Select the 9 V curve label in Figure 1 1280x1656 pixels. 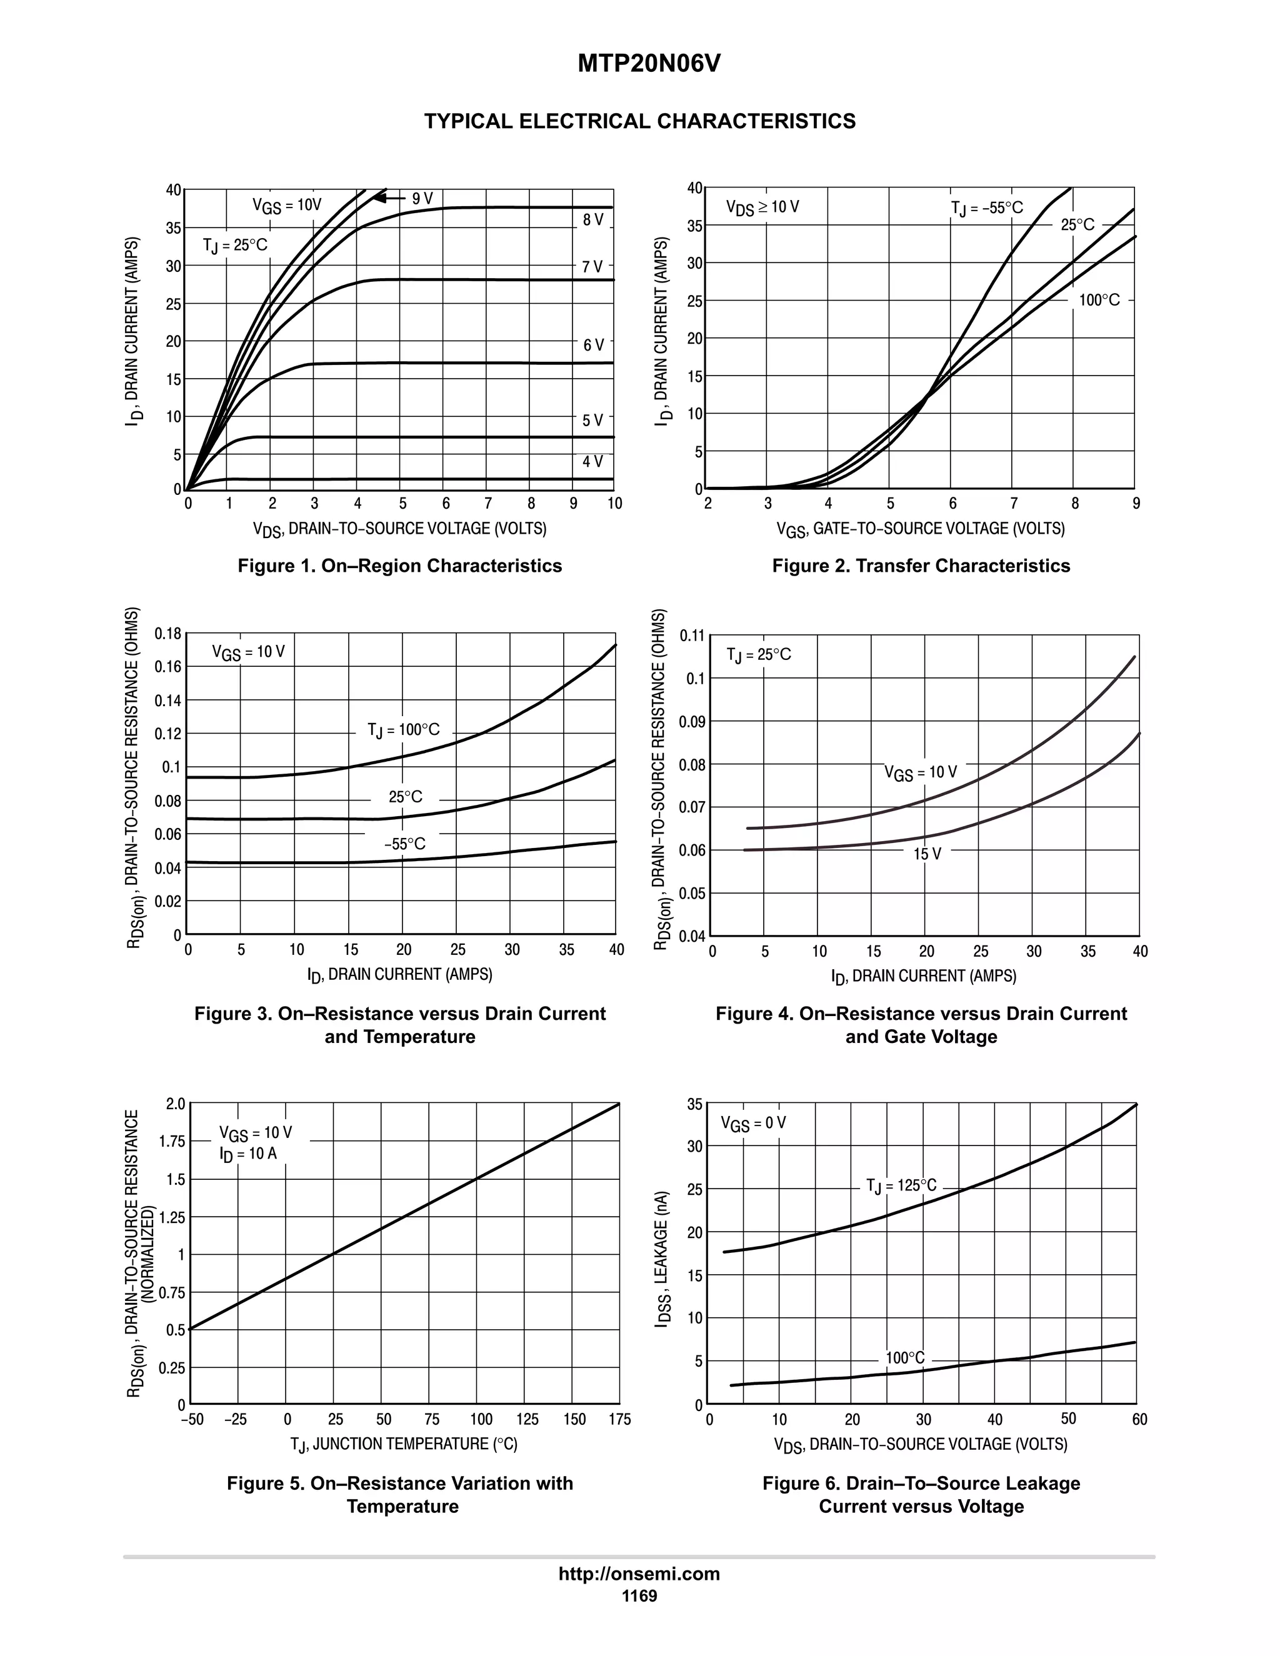[x=422, y=199]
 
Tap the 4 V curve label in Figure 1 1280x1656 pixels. [x=592, y=461]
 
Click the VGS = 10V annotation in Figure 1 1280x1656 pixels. [x=287, y=205]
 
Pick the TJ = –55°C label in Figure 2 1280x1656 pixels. [x=986, y=207]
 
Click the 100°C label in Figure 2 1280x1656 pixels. [x=1099, y=300]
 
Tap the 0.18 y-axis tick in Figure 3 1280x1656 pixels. [x=167, y=633]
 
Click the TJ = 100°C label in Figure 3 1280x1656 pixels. [x=403, y=730]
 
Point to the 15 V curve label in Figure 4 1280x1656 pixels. [x=927, y=854]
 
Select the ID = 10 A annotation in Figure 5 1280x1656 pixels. [x=248, y=1154]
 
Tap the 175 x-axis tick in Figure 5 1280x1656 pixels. [x=619, y=1419]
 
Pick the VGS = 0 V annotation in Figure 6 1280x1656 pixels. [x=753, y=1123]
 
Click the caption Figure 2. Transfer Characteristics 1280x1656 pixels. [x=921, y=566]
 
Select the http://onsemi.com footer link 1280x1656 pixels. [x=639, y=1574]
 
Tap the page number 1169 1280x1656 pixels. [x=639, y=1595]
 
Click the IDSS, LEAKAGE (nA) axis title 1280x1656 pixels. [x=662, y=1259]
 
